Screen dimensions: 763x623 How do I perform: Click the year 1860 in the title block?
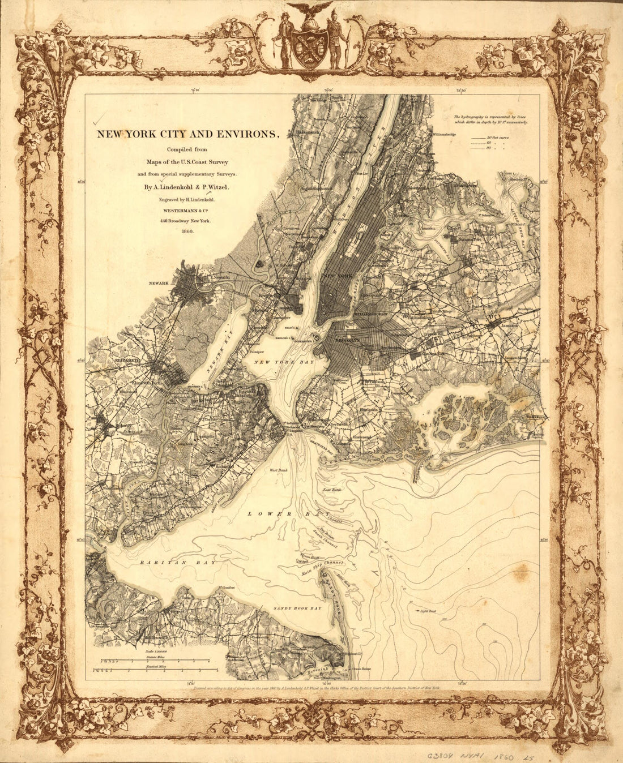pyautogui.click(x=187, y=232)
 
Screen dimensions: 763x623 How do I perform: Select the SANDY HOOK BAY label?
pyautogui.click(x=297, y=608)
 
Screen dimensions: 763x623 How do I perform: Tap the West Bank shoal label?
pyautogui.click(x=279, y=470)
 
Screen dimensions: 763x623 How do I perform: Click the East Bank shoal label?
pyautogui.click(x=332, y=489)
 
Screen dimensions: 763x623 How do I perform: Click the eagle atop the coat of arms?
pyautogui.click(x=309, y=9)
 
